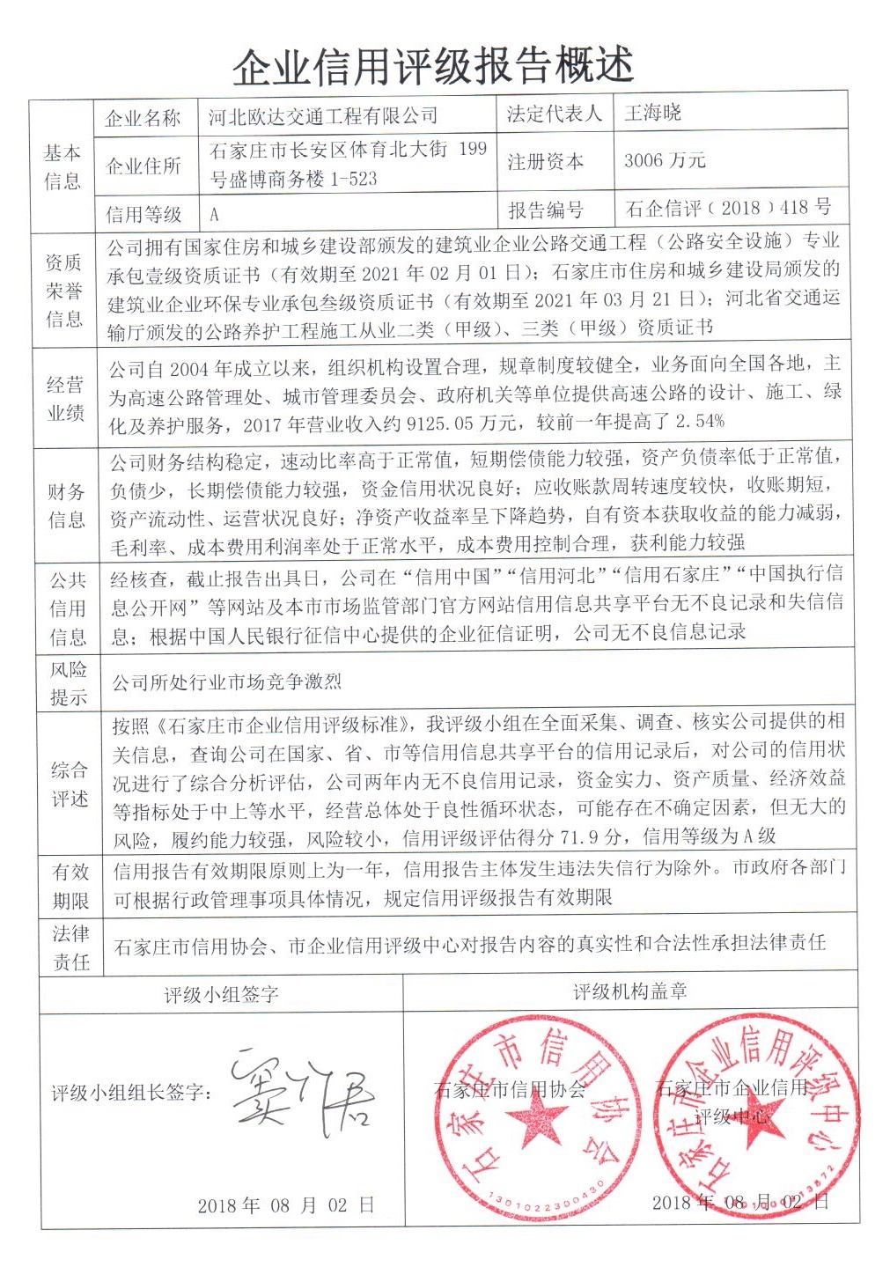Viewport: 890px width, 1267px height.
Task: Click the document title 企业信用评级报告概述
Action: pyautogui.click(x=433, y=64)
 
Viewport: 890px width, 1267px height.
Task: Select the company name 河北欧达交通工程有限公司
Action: pyautogui.click(x=323, y=116)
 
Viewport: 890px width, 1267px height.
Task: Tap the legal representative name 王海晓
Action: pyautogui.click(x=652, y=113)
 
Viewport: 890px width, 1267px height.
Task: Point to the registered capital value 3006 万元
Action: pyautogui.click(x=665, y=160)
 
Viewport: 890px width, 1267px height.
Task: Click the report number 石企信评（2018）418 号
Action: pyautogui.click(x=728, y=208)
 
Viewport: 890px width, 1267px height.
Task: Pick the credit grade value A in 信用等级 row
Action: pyautogui.click(x=214, y=214)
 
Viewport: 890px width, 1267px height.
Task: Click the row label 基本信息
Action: pyautogui.click(x=62, y=166)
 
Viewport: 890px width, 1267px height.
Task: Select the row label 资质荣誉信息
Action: pyautogui.click(x=63, y=290)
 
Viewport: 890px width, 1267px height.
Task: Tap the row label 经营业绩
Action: pyautogui.click(x=64, y=398)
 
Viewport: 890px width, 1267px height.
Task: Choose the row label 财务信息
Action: pyautogui.click(x=66, y=505)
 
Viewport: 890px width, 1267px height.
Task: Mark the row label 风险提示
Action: pyautogui.click(x=68, y=683)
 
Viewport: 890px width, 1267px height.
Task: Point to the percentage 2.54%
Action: pyautogui.click(x=700, y=421)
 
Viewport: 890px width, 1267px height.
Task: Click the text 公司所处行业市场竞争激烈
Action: pyautogui.click(x=227, y=681)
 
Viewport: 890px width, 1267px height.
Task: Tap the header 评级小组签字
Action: pyautogui.click(x=221, y=995)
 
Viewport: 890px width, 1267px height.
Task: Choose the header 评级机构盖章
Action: pyautogui.click(x=630, y=992)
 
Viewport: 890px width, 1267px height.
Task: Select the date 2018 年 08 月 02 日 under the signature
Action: pyautogui.click(x=285, y=1205)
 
